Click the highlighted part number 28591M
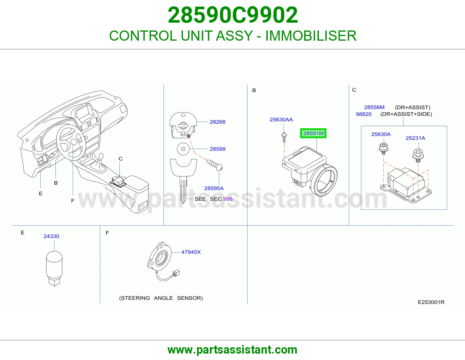coord(313,133)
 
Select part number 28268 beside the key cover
coord(217,122)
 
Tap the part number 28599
coord(217,149)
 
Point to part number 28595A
coord(214,188)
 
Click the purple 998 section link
coord(228,199)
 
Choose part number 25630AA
coord(281,120)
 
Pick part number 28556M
coord(374,107)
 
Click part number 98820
coord(364,114)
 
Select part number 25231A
coord(415,138)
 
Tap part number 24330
coord(51,236)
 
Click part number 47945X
coord(191,252)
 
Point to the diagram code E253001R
coord(431,302)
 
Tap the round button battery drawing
coord(183,149)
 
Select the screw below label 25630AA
coord(284,137)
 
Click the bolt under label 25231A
coord(418,155)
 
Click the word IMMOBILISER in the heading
coord(311,36)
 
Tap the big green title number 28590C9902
coord(233,15)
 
